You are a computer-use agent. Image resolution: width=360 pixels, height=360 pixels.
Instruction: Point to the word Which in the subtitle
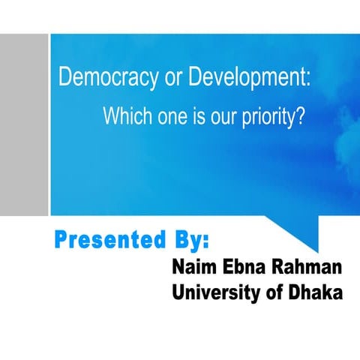click(x=124, y=118)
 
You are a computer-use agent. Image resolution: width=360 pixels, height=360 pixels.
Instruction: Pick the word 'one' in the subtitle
click(x=169, y=118)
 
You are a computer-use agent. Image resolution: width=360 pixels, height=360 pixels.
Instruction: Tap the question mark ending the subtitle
click(x=299, y=118)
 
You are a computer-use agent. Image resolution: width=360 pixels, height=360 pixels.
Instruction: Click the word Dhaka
click(x=315, y=292)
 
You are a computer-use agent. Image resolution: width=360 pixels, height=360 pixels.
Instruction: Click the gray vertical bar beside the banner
click(x=24, y=124)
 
